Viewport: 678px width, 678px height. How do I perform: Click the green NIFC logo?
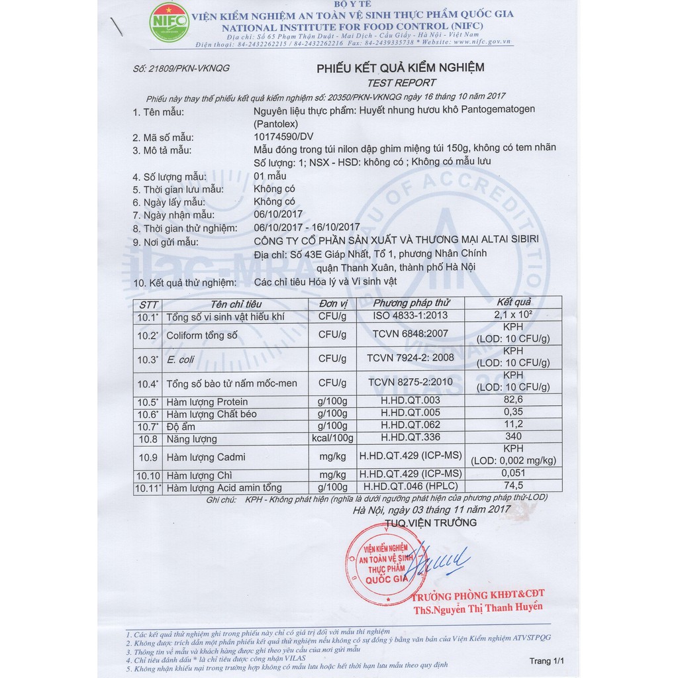pos(169,23)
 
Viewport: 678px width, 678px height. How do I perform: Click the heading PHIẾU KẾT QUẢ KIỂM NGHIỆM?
pos(401,68)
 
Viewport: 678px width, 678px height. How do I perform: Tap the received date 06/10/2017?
pos(278,215)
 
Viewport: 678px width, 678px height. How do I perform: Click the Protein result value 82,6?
pos(513,400)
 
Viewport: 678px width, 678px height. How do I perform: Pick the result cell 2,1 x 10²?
pos(513,316)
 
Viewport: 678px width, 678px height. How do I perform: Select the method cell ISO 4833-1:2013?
pos(411,316)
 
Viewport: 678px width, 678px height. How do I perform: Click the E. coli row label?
pos(181,360)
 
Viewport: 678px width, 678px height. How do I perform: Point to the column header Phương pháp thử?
pos(411,303)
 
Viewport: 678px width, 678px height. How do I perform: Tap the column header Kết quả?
pos(513,303)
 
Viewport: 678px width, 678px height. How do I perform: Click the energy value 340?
pos(513,436)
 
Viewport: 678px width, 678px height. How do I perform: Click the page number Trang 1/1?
pos(547,661)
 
